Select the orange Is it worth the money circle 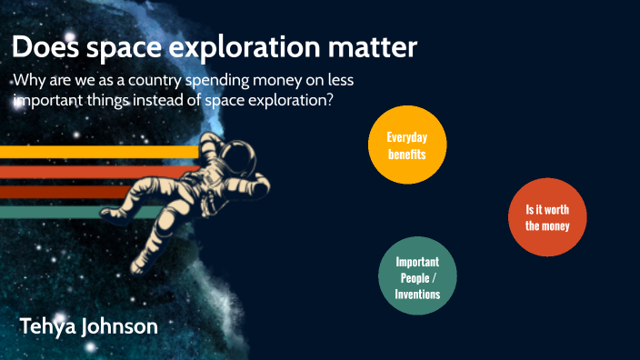point(547,217)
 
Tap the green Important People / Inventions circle point(417,277)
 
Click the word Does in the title point(47,47)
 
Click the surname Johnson point(124,326)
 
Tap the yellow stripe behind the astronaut point(91,152)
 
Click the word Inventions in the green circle point(417,295)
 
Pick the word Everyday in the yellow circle point(406,136)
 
